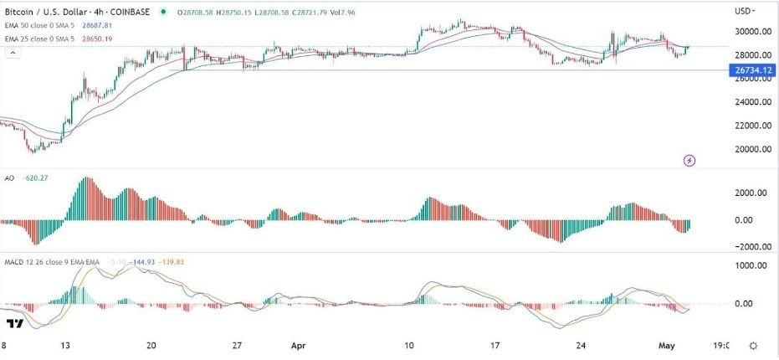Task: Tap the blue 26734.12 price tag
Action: pyautogui.click(x=751, y=70)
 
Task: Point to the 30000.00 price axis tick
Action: pyautogui.click(x=751, y=32)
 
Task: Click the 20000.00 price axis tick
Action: pyautogui.click(x=751, y=149)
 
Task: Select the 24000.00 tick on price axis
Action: pyautogui.click(x=751, y=102)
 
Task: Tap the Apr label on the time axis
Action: pyautogui.click(x=299, y=344)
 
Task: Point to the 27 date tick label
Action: pyautogui.click(x=237, y=344)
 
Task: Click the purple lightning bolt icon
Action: pyautogui.click(x=689, y=159)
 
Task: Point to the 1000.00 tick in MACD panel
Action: pyautogui.click(x=751, y=265)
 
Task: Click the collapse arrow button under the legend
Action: pyautogui.click(x=13, y=53)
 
